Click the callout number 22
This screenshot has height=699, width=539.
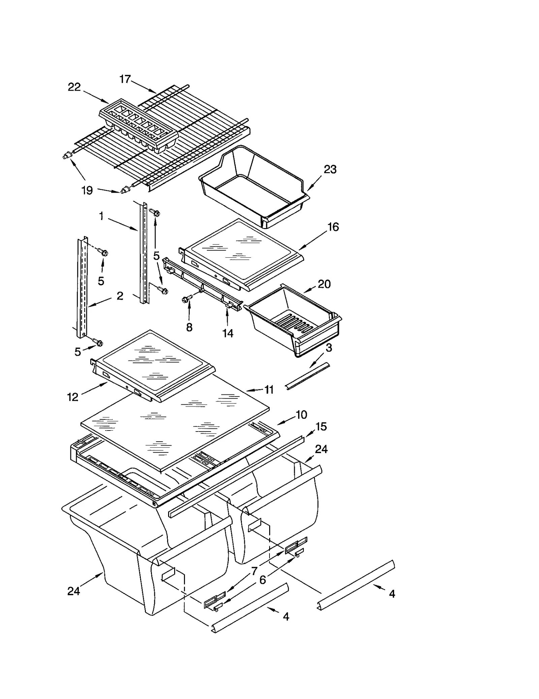[x=74, y=87]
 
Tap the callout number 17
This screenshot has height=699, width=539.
[x=125, y=79]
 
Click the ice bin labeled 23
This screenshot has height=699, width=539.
[x=254, y=185]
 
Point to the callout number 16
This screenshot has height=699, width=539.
[x=333, y=227]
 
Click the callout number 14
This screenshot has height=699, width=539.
[x=228, y=333]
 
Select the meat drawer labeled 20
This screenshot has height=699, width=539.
[x=293, y=320]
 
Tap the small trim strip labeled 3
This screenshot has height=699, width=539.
[x=307, y=376]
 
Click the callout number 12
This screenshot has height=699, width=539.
[x=73, y=397]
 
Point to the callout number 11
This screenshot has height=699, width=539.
[x=269, y=390]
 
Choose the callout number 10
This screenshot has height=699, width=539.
[x=301, y=414]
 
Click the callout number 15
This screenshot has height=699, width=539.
[x=321, y=426]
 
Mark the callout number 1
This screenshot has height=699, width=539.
[x=101, y=216]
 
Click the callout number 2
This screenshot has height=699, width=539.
[x=120, y=296]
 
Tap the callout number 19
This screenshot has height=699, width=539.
[x=87, y=190]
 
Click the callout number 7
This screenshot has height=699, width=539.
[x=254, y=571]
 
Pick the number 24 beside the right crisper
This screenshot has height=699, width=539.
[x=321, y=449]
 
